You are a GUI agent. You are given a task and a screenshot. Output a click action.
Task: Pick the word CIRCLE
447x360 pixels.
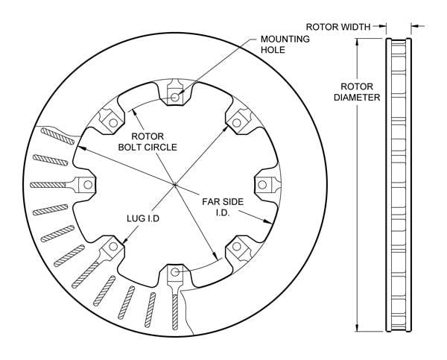click(162, 148)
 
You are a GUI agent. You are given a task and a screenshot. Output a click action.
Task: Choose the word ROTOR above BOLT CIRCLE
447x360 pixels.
click(148, 136)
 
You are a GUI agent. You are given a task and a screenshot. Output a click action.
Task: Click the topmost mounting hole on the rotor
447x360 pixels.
click(175, 97)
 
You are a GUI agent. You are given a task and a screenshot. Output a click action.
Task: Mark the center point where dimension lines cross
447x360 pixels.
click(175, 185)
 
